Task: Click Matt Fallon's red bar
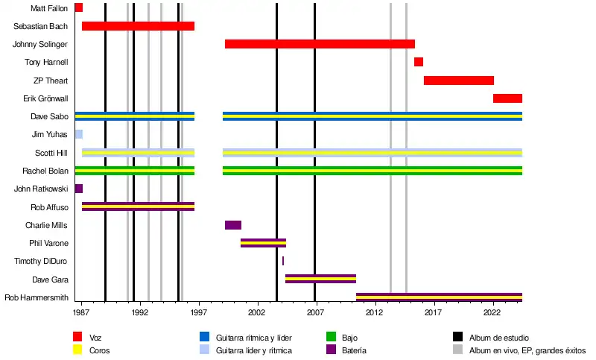point(78,8)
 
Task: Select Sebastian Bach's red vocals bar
point(138,26)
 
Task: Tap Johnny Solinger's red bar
point(320,44)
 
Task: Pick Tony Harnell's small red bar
point(419,62)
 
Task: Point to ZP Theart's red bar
point(459,80)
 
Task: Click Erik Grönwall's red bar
point(507,98)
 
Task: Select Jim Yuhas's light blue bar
point(78,134)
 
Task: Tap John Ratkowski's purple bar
point(78,189)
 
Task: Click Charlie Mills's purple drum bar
point(233,225)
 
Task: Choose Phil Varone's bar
point(263,243)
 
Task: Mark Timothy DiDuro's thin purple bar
point(283,261)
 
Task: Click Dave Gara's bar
point(320,279)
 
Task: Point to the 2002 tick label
point(257,315)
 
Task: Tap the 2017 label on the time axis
point(433,315)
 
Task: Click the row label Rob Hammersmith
point(37,297)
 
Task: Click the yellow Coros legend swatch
point(78,350)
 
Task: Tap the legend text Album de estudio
point(498,338)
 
